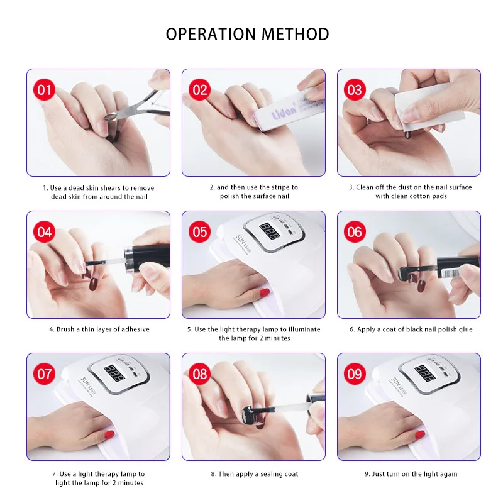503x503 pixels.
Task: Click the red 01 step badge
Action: pos(44,89)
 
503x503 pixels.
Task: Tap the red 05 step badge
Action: pos(199,231)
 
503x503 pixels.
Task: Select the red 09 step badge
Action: pos(355,373)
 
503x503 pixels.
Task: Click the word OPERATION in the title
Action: pos(211,34)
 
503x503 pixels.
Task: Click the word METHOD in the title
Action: pos(296,34)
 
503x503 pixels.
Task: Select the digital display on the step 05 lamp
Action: pos(269,231)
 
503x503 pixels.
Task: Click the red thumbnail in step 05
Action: pos(264,292)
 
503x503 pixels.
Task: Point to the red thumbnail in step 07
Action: pos(109,434)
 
